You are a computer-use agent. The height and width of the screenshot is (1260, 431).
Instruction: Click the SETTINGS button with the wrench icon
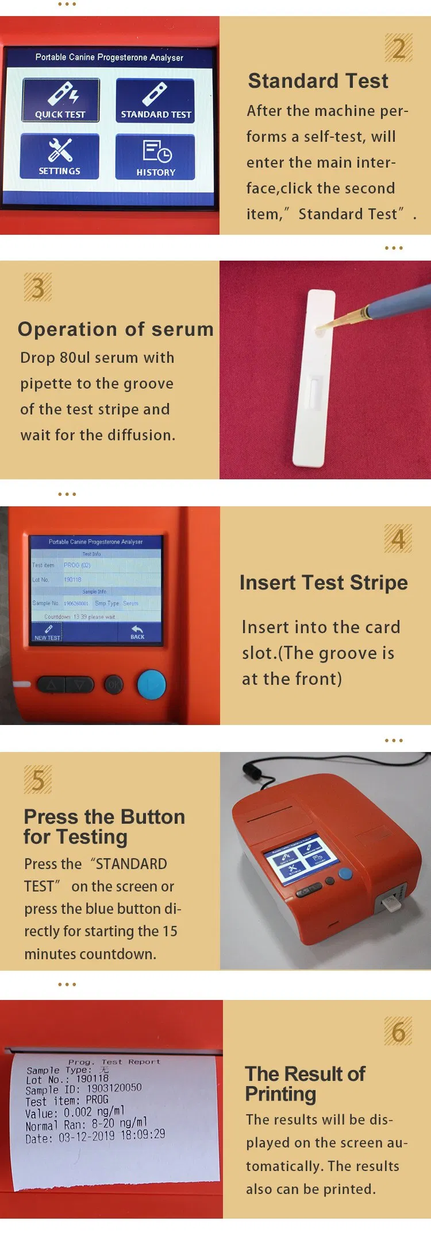coord(60,156)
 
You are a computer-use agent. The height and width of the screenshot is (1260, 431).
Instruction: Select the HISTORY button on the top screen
coord(155,157)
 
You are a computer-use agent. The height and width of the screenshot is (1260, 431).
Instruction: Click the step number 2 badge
coord(398,48)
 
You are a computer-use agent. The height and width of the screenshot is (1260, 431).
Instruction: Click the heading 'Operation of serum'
coord(116,329)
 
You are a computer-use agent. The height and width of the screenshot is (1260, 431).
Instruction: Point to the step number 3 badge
coord(38,288)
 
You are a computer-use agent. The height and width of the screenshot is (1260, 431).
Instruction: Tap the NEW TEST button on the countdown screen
coord(48,633)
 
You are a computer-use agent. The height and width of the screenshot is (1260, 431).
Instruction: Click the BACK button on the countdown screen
coord(137,633)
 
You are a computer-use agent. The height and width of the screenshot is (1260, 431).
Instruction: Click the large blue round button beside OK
coord(151,684)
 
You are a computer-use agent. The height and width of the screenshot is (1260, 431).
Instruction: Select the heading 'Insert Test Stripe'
coord(324,583)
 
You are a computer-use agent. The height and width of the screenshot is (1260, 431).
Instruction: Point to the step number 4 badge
coord(398,539)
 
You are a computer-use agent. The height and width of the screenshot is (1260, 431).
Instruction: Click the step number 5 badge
coord(38,780)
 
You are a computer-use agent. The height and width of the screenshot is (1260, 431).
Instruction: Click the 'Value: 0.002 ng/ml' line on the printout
coord(75,1112)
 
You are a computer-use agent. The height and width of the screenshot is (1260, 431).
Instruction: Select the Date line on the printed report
coord(95,1136)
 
